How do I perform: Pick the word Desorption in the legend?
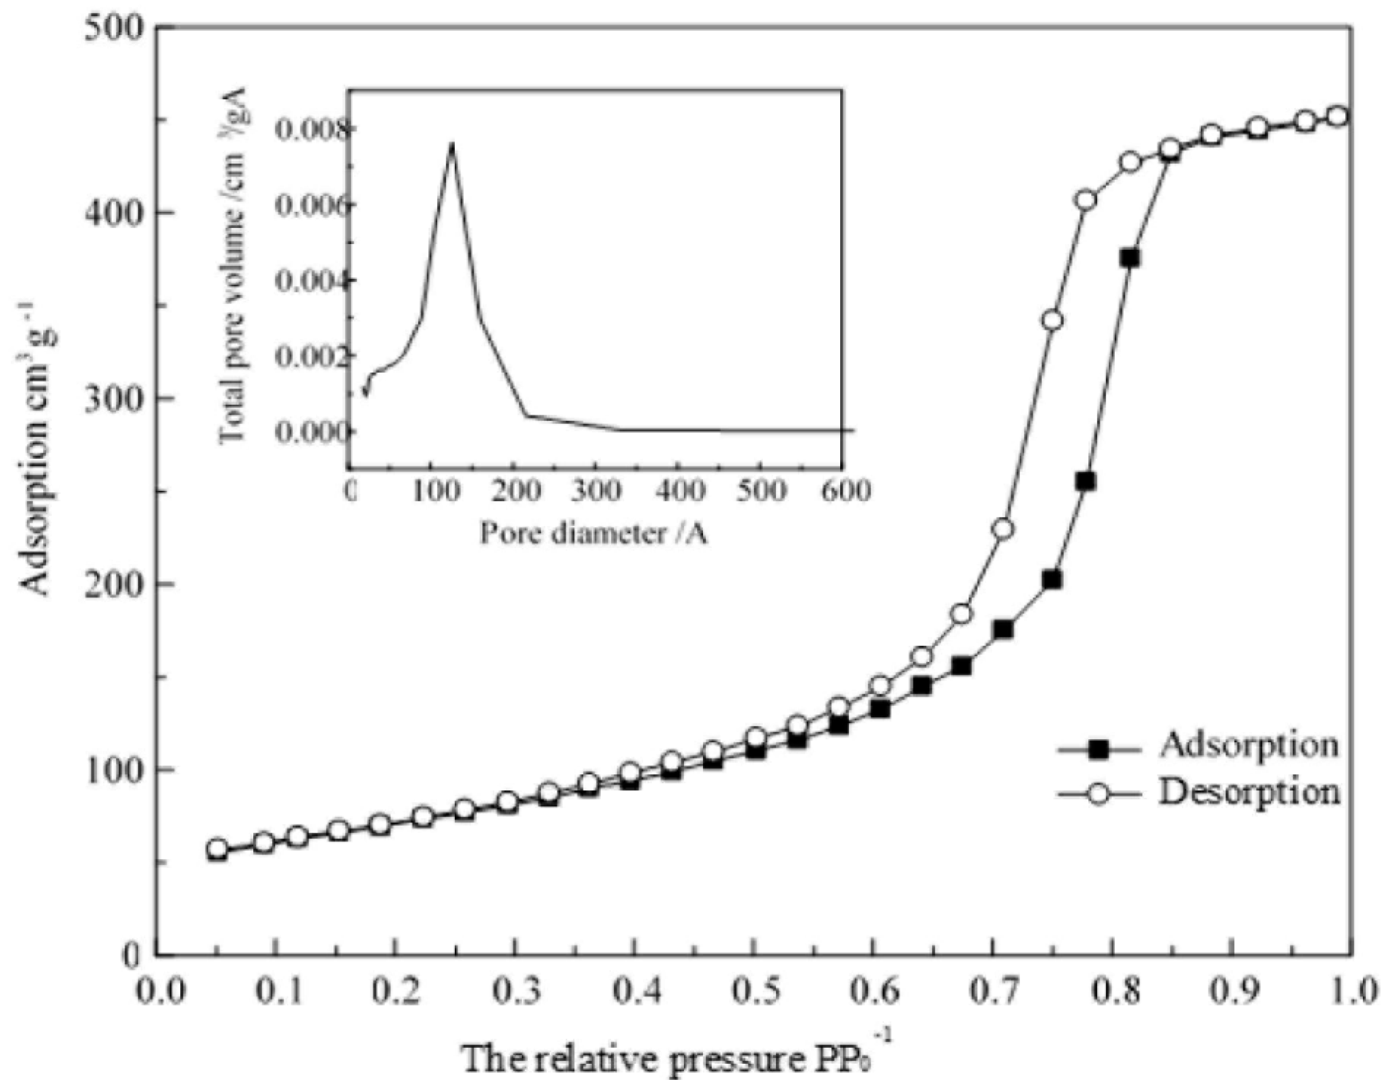pyautogui.click(x=1248, y=793)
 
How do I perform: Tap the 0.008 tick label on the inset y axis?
pyautogui.click(x=312, y=130)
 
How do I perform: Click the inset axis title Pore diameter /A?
pyautogui.click(x=593, y=532)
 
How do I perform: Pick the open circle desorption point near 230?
pyautogui.click(x=1003, y=529)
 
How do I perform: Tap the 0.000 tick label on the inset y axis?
pyautogui.click(x=312, y=432)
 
